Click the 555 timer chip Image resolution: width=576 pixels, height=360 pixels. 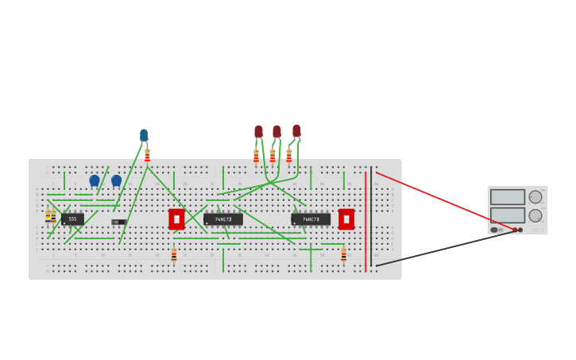coord(72,219)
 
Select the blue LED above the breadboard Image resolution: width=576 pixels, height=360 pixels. coord(144,135)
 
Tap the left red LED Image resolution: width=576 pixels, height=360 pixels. coord(258,131)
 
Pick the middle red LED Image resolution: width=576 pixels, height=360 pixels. coord(276,131)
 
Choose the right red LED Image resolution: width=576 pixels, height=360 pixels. coord(296,130)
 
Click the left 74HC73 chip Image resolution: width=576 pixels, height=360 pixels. coord(223,219)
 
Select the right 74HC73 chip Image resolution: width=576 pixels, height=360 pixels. coord(311,219)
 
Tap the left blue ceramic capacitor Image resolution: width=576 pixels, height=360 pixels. coord(95,180)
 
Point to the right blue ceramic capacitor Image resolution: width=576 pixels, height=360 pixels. coord(116,180)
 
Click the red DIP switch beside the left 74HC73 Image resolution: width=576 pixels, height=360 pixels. coord(176,219)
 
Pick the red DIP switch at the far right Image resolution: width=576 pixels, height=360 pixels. coord(346,219)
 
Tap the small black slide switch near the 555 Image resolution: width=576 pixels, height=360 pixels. coord(118,222)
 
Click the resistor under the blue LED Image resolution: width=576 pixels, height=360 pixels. coord(147,155)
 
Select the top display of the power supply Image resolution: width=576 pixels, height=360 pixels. coord(507,197)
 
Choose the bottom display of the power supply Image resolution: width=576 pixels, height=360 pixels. coord(507,215)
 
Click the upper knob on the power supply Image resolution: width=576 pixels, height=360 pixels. coord(535,197)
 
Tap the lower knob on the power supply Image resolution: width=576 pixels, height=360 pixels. coord(535,215)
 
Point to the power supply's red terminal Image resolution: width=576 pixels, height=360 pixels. coord(515,230)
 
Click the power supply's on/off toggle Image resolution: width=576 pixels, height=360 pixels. coord(494,230)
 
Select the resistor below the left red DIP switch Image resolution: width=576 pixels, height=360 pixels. coord(174,255)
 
